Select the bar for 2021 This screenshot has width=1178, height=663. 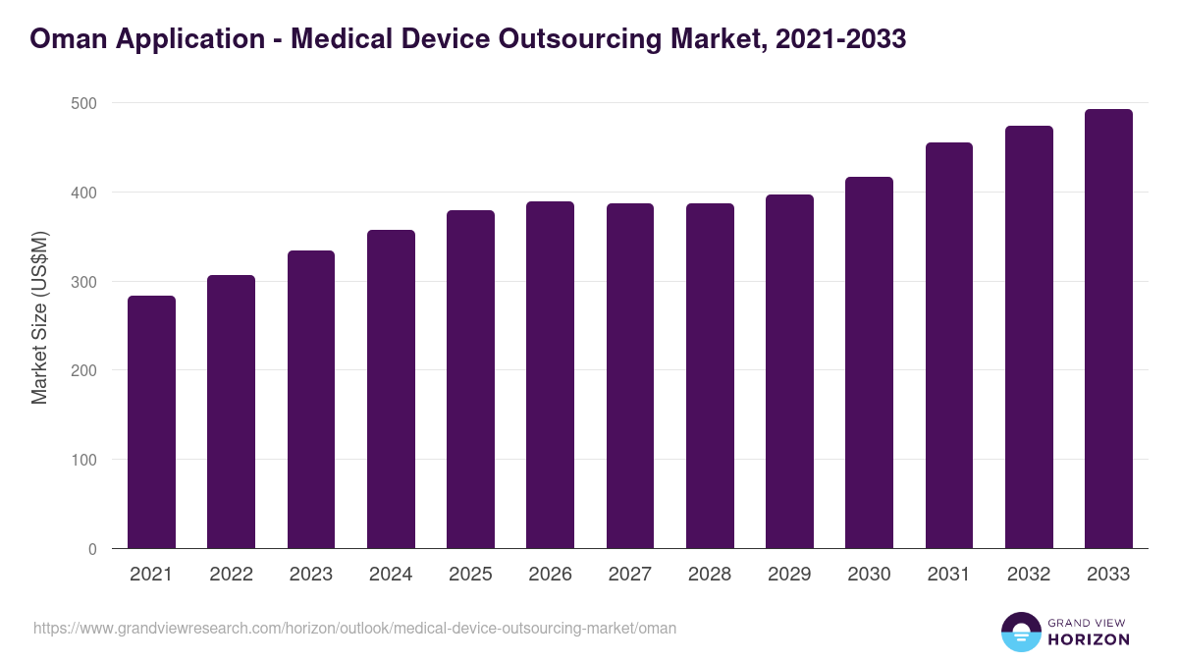pyautogui.click(x=151, y=422)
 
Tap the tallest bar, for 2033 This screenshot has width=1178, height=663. pyautogui.click(x=1108, y=329)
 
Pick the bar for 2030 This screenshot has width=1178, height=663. pyautogui.click(x=869, y=363)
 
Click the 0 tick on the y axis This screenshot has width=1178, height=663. pyautogui.click(x=92, y=549)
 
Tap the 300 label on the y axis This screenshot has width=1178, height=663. pyautogui.click(x=84, y=282)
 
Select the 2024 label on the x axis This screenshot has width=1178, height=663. pyautogui.click(x=391, y=575)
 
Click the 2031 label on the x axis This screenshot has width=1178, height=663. pyautogui.click(x=948, y=575)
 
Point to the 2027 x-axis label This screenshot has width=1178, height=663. pyautogui.click(x=629, y=575)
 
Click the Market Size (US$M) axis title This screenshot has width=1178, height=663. pyautogui.click(x=39, y=317)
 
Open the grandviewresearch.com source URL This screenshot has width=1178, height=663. pyautogui.click(x=354, y=628)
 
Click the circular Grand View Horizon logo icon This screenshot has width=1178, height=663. pyautogui.click(x=1020, y=632)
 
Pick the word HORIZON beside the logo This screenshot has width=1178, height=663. pyautogui.click(x=1089, y=639)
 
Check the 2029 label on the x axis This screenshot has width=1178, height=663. pyautogui.click(x=789, y=575)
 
